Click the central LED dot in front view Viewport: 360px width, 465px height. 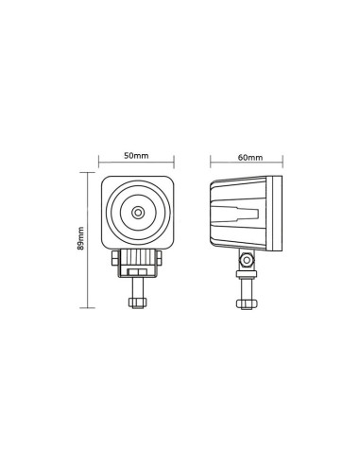point(139,213)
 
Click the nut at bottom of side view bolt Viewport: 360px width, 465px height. point(246,302)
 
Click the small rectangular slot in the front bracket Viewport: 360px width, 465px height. point(139,271)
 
